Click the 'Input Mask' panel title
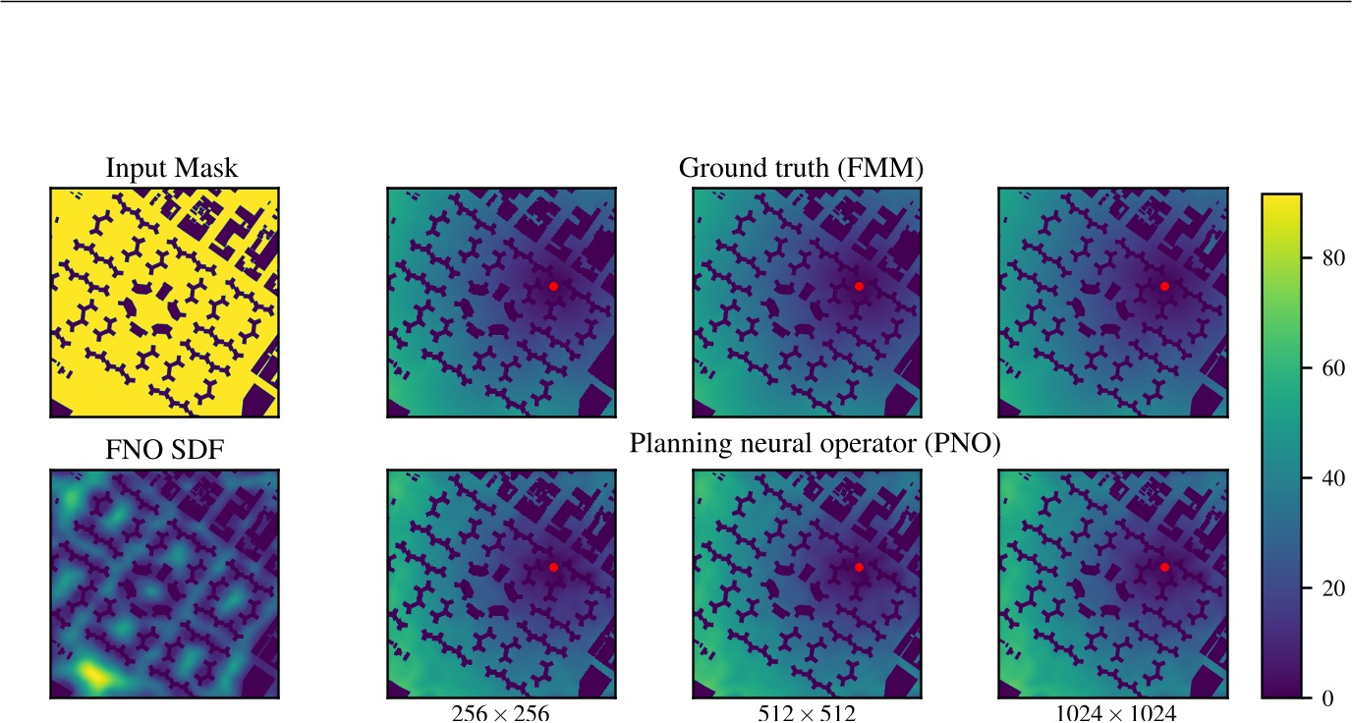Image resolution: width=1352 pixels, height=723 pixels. pyautogui.click(x=171, y=169)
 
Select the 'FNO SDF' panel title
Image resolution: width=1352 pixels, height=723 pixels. pyautogui.click(x=164, y=451)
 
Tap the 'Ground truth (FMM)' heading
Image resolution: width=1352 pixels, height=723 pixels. pyautogui.click(x=801, y=169)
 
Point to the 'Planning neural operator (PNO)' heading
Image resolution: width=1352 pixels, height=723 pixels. pyautogui.click(x=815, y=445)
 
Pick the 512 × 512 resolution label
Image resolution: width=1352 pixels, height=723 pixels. pyautogui.click(x=807, y=713)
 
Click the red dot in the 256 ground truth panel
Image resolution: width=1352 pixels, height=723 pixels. pyautogui.click(x=553, y=286)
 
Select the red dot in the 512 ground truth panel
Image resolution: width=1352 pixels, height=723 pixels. pyautogui.click(x=859, y=286)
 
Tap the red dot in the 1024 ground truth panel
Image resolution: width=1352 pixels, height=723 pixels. pyautogui.click(x=1164, y=286)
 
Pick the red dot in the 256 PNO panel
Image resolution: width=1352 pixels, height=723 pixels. pyautogui.click(x=553, y=567)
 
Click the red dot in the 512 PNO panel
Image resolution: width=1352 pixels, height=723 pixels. pyautogui.click(x=859, y=567)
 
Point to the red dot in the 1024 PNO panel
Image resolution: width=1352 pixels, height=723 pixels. pyautogui.click(x=1164, y=567)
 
